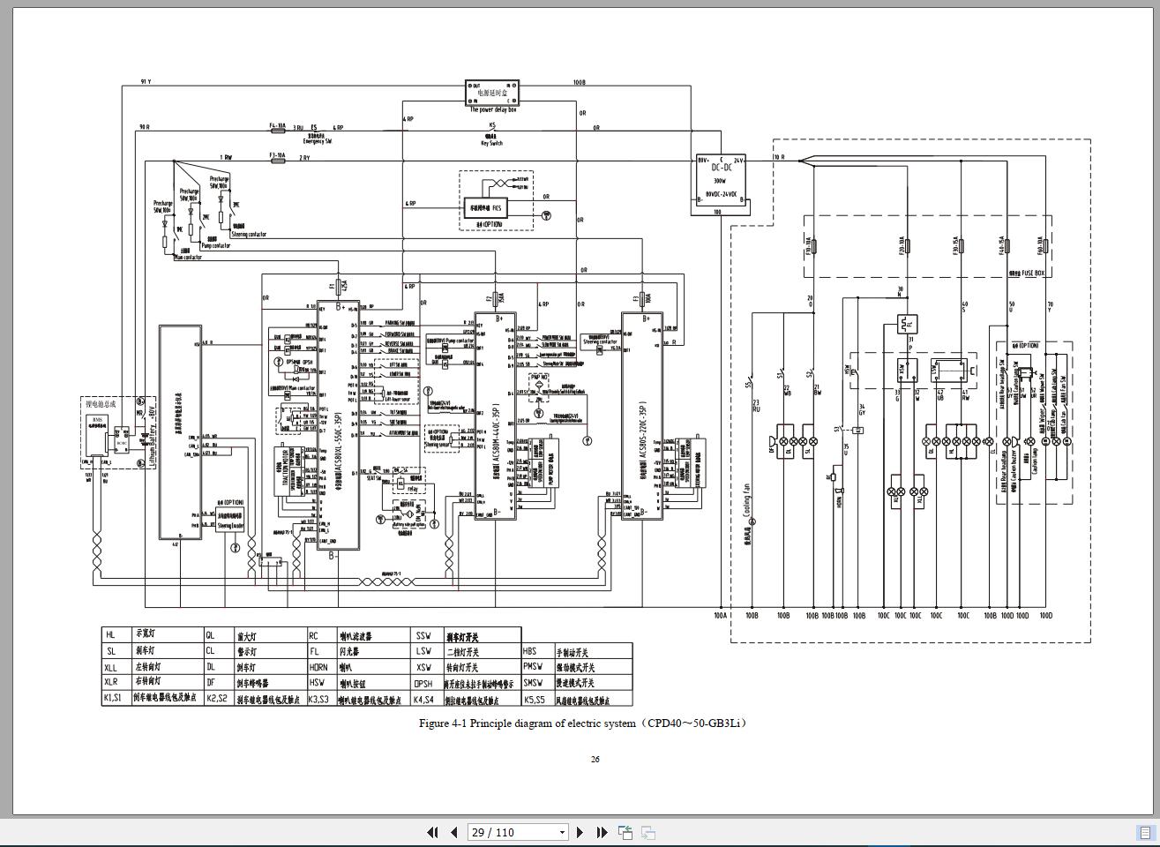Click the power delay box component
[x=492, y=93]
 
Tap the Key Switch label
[x=491, y=143]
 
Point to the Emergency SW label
[x=317, y=141]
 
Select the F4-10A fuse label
[x=277, y=126]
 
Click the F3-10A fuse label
[x=277, y=155]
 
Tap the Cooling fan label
[x=746, y=499]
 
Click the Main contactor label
[x=189, y=258]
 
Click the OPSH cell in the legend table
[x=423, y=684]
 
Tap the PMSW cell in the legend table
[x=533, y=667]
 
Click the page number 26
[x=595, y=759]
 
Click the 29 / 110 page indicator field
[x=517, y=832]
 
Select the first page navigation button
[x=432, y=832]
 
